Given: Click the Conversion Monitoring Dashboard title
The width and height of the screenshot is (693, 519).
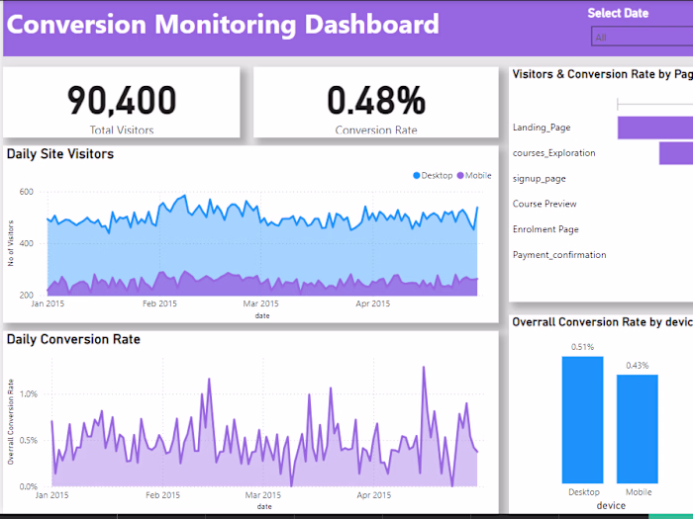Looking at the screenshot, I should point(223,25).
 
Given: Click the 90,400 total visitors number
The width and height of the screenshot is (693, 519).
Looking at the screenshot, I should point(122,100).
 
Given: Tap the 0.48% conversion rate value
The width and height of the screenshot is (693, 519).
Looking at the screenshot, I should point(376,100).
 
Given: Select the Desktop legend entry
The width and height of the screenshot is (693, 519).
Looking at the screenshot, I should point(433,176).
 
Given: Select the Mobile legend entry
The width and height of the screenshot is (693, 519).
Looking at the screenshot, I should point(474,176).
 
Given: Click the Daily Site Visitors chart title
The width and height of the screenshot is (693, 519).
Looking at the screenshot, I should point(60,154).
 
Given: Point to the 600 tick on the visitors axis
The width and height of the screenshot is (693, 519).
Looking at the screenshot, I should point(26,192).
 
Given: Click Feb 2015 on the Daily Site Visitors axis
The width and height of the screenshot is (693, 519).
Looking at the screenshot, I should point(160,304).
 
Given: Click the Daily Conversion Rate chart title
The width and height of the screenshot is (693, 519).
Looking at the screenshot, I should point(73,339).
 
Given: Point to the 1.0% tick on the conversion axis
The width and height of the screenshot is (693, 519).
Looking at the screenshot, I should point(30,393).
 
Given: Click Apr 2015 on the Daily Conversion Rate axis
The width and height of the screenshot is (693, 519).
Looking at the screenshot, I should point(373,494).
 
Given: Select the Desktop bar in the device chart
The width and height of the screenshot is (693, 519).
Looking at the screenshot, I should point(582,418).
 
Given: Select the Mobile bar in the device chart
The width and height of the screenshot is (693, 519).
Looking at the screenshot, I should point(638,427).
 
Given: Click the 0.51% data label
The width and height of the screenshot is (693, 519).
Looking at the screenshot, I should point(582,347).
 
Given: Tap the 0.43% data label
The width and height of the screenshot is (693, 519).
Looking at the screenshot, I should point(638,366).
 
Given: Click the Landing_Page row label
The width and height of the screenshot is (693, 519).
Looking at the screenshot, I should point(542,128).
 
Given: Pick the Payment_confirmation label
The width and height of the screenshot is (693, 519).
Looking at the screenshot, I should point(559,255).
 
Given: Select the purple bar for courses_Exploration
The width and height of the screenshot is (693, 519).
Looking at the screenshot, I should point(676,153).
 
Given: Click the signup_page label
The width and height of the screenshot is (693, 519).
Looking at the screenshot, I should point(540,179).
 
